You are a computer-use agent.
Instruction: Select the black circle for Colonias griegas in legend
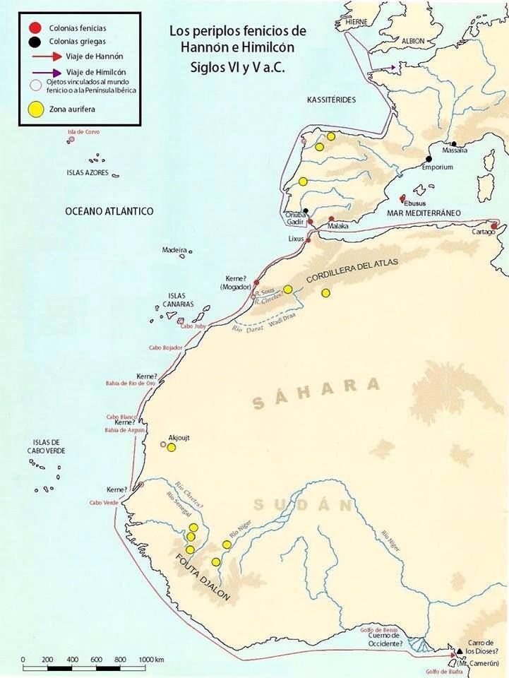[x=32, y=42]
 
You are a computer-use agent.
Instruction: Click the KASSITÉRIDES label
[x=331, y=101]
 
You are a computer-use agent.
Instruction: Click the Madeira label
[x=174, y=250]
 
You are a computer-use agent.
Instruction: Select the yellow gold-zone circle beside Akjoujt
[x=171, y=447]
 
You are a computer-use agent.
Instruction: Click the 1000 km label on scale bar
[x=150, y=659]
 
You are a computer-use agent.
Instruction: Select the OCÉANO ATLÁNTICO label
[x=109, y=211]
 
